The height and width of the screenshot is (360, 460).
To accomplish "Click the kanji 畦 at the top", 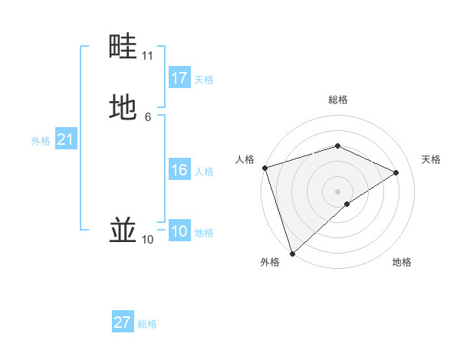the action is [x=123, y=47].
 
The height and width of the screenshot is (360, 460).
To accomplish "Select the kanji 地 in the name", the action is [x=123, y=106].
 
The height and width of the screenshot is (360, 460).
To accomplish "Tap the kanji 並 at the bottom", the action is [x=123, y=229].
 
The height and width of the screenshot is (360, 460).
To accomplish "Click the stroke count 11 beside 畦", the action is [x=147, y=56].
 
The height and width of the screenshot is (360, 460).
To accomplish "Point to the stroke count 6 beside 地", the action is [x=147, y=116].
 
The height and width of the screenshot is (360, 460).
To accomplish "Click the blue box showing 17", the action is [x=179, y=78].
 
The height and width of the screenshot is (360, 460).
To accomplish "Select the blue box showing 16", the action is [x=179, y=170].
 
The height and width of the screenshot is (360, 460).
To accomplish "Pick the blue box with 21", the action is [x=65, y=139].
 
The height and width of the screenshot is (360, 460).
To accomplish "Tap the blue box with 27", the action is [x=123, y=322].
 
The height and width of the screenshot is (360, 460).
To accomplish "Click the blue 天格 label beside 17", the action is [x=204, y=80].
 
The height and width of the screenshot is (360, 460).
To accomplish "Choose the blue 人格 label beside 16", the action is [x=204, y=172].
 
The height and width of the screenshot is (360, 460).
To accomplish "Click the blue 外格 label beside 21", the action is [x=41, y=141].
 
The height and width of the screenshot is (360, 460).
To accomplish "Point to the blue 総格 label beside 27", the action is [x=147, y=324].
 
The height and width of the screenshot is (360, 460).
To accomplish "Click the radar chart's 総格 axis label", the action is [x=338, y=100].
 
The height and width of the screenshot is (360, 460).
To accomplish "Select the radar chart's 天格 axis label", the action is [x=431, y=159].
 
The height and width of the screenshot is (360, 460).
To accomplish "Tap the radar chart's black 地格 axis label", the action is [x=402, y=263].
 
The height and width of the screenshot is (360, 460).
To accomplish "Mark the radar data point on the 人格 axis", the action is [x=264, y=168].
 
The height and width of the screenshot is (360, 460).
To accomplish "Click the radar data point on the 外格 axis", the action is [x=291, y=254].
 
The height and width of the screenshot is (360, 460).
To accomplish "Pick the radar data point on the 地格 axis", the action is [x=347, y=204].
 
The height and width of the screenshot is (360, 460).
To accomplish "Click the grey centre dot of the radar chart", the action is [x=338, y=191].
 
